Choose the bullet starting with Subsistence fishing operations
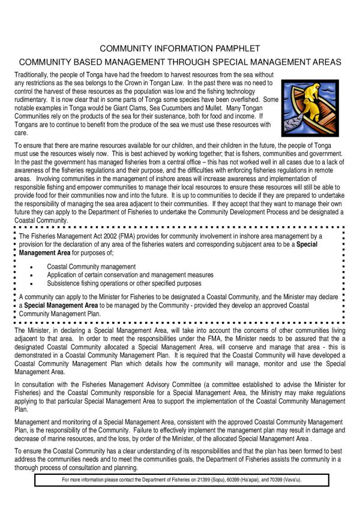124,283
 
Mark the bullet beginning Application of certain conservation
130,275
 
